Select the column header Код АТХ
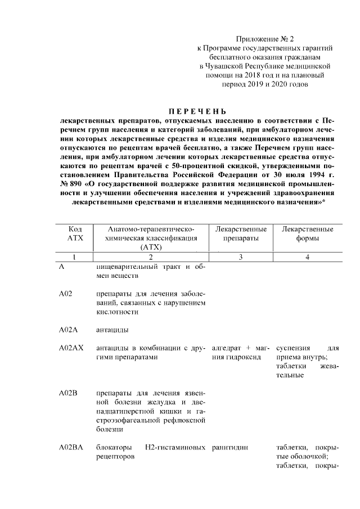coord(75,233)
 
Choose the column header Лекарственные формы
coord(307,233)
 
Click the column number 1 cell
coord(75,256)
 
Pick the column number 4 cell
coord(307,256)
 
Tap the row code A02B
coord(67,392)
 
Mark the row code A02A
coord(67,329)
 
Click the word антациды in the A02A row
coord(112,329)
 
